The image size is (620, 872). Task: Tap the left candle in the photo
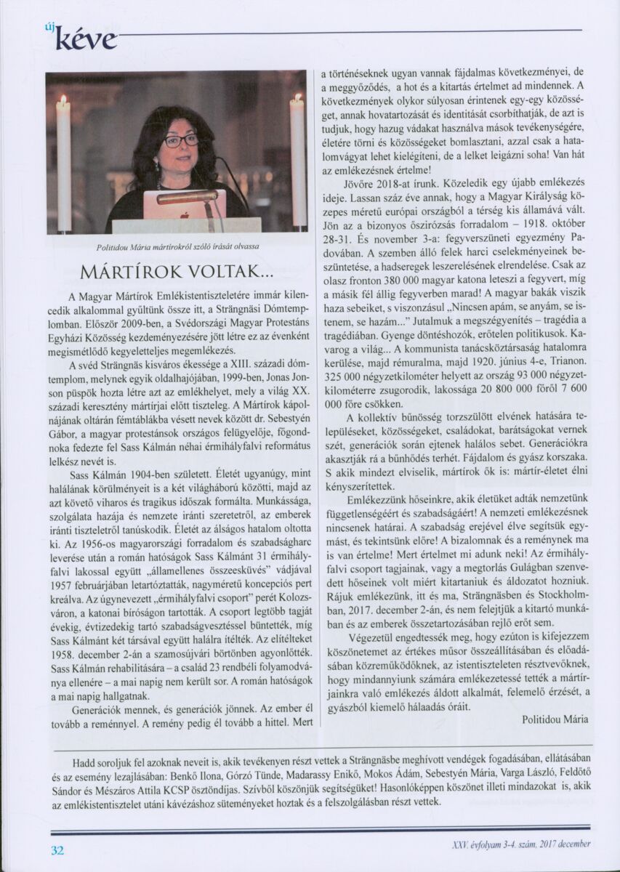click(64, 163)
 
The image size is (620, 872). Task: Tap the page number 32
click(57, 848)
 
